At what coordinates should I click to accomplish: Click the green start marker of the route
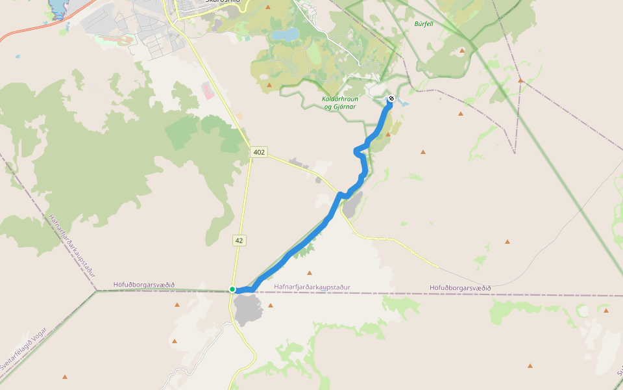(x=232, y=289)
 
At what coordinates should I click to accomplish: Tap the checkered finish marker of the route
(x=391, y=99)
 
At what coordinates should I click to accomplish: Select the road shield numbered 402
(x=259, y=152)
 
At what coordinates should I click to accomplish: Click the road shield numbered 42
(x=239, y=240)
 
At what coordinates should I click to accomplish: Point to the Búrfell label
(x=424, y=23)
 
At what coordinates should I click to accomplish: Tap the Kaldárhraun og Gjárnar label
(x=340, y=103)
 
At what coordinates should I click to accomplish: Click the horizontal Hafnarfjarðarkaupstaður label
(x=312, y=287)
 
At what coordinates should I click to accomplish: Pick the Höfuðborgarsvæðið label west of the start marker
(x=144, y=285)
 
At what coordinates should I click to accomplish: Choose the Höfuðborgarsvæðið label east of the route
(x=460, y=288)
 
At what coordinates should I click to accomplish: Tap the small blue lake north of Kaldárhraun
(x=286, y=34)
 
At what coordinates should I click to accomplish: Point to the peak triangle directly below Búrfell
(x=461, y=50)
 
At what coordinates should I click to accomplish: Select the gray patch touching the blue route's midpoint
(x=350, y=207)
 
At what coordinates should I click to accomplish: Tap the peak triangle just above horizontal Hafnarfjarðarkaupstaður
(x=309, y=273)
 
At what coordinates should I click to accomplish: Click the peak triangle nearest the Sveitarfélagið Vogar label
(x=64, y=376)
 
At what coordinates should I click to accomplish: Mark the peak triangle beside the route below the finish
(x=389, y=134)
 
